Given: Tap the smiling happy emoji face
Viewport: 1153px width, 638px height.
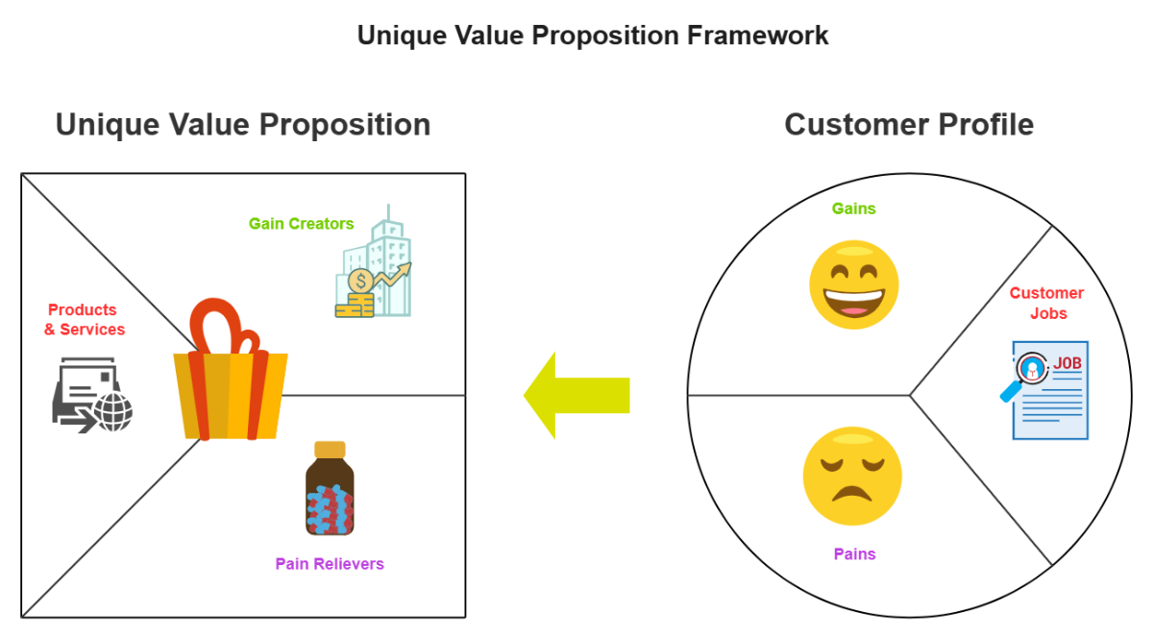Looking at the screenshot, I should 854,285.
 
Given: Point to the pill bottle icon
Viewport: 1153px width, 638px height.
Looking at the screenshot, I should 330,489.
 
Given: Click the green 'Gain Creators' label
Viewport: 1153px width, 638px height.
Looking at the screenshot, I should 301,224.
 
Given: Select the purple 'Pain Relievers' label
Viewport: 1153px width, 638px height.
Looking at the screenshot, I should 330,564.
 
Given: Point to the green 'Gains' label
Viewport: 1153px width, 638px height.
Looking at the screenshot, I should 853,209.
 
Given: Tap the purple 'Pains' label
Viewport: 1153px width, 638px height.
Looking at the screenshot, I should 854,554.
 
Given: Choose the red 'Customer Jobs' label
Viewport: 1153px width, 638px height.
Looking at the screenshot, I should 1046,303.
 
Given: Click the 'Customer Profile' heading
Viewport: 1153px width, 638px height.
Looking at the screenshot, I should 909,125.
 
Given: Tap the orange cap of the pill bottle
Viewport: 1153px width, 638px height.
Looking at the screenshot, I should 330,450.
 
